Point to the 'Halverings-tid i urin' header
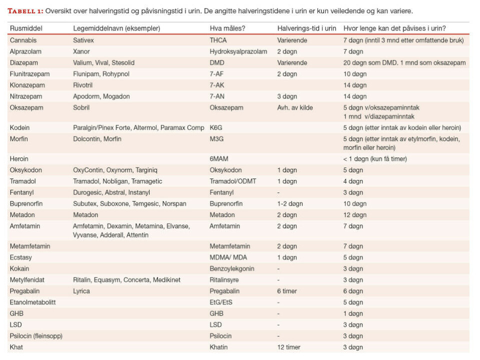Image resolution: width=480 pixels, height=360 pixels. point(306,28)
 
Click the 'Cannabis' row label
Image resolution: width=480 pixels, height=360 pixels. point(23,40)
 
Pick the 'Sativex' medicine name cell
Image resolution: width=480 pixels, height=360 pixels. point(83,40)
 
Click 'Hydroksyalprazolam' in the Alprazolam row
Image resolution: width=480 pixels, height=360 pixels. point(238,51)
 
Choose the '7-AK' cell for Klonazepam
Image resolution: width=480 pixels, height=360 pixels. point(217,85)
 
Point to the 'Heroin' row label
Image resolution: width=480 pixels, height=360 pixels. point(19,158)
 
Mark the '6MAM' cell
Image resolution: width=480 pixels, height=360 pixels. point(219,158)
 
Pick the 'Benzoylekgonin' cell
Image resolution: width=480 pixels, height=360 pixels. point(232,268)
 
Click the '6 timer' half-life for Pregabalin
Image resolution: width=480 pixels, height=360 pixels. point(287,291)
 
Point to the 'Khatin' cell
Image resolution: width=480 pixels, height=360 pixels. point(219,347)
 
